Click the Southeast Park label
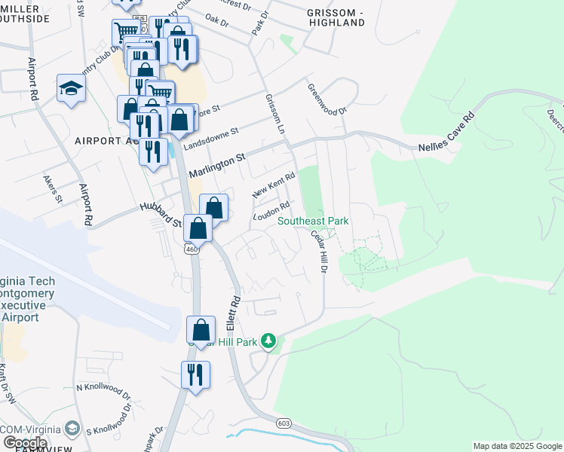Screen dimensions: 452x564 click(313, 221)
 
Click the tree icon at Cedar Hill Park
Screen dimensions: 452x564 click(269, 342)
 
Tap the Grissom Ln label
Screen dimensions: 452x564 click(274, 114)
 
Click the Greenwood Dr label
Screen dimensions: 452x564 click(326, 99)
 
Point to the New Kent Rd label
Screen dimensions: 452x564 click(273, 184)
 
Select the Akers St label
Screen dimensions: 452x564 click(52, 191)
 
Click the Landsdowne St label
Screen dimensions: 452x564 click(211, 136)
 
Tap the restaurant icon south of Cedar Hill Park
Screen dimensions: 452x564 click(195, 374)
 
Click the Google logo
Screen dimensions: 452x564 click(25, 443)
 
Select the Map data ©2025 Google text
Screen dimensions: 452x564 click(516, 446)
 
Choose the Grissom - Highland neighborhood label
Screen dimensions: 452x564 click(336, 17)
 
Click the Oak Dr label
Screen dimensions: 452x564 click(216, 20)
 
